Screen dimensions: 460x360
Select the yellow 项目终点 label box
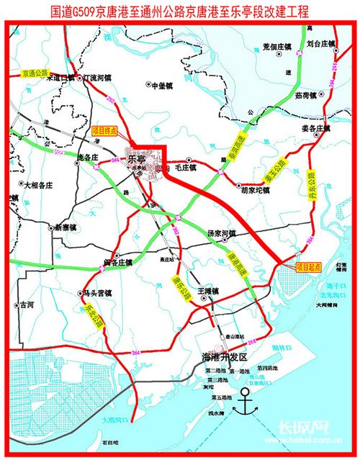coord(107,131)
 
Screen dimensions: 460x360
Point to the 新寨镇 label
coord(69,227)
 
